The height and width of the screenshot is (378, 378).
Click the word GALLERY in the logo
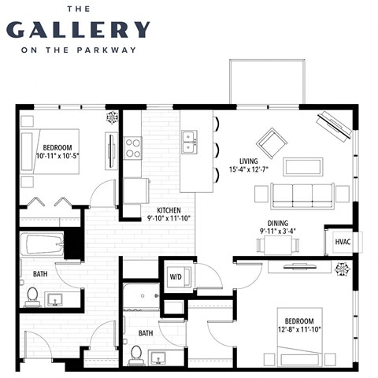(78, 30)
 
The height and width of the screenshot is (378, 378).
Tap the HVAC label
(342, 242)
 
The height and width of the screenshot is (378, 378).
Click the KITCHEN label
(169, 211)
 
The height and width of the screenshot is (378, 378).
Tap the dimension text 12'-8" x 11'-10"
(299, 330)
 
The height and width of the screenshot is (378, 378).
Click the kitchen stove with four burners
(133, 147)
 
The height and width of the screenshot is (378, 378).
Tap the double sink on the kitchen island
(189, 143)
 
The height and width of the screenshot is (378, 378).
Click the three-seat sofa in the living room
(302, 195)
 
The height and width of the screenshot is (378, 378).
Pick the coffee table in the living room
(302, 166)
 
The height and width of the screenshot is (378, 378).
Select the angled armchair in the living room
(272, 143)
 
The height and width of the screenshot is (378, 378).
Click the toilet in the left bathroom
(32, 296)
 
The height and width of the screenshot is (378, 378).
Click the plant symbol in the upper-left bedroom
(112, 117)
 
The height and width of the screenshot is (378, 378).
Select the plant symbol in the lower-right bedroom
(342, 269)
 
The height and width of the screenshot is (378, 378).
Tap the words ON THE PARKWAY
(78, 50)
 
